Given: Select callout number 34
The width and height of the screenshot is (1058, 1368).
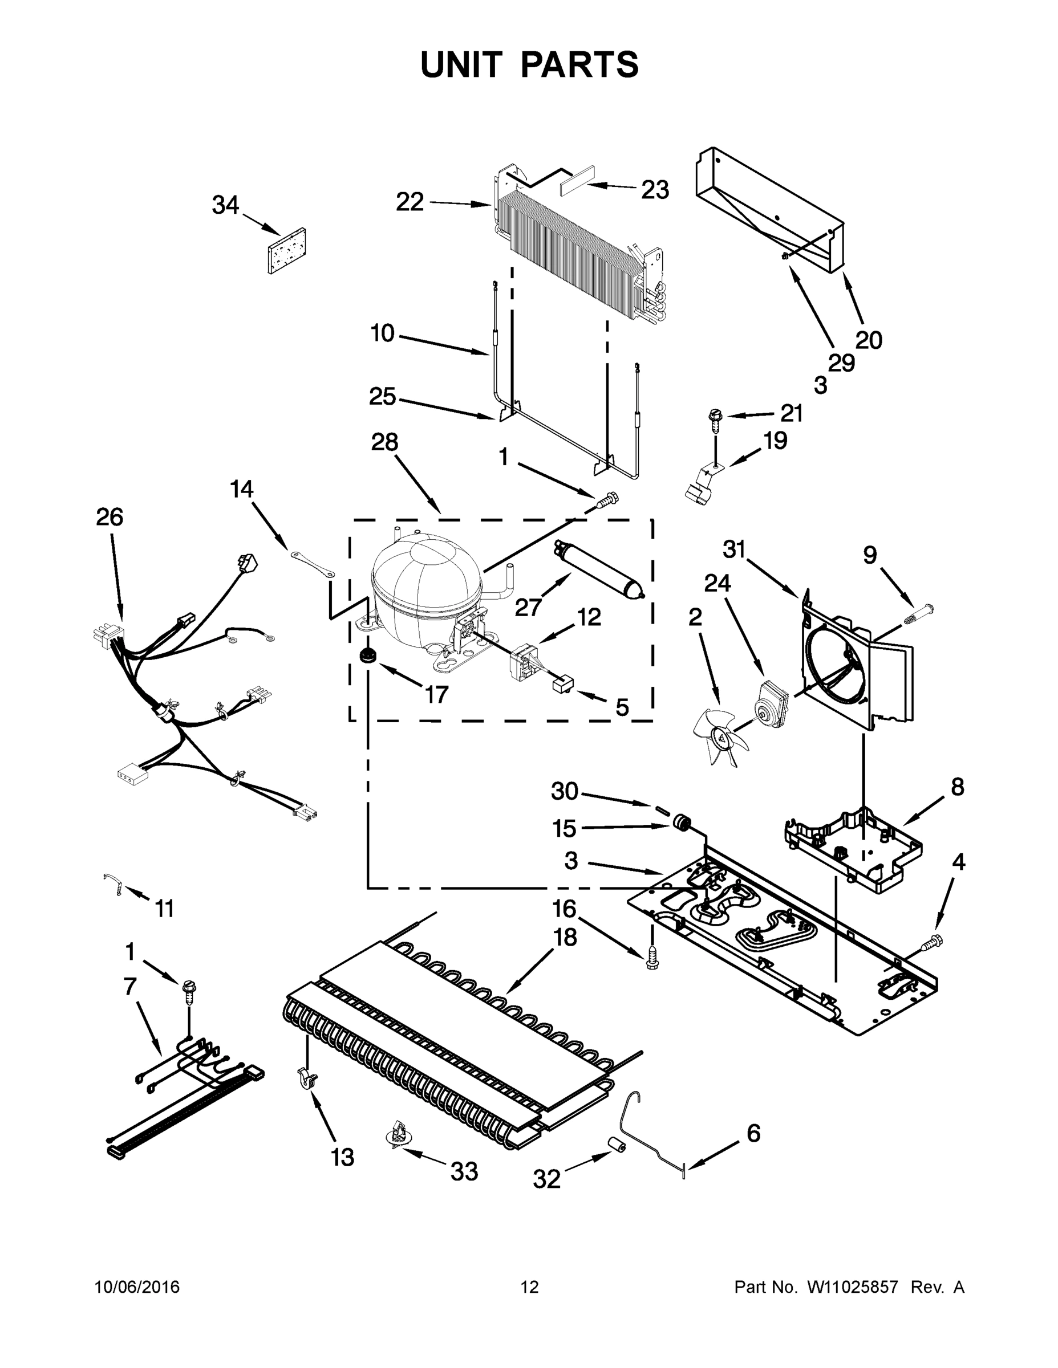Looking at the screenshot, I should [x=226, y=205].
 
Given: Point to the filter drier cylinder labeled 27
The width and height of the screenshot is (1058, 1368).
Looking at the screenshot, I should [x=598, y=573].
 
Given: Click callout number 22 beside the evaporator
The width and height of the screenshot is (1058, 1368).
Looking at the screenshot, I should [x=410, y=202].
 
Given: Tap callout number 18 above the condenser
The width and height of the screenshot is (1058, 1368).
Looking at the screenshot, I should [x=565, y=938].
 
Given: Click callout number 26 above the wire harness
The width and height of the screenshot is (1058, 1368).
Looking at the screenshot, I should [x=110, y=517].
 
